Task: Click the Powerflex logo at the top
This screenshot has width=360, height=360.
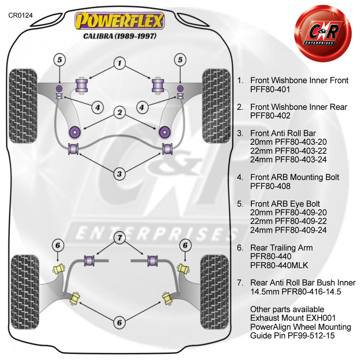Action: [120, 21]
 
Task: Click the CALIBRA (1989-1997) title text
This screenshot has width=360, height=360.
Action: [120, 36]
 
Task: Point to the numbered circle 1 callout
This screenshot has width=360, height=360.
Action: [120, 64]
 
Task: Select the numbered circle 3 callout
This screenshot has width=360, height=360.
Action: [120, 174]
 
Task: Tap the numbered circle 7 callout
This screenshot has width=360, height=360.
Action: [120, 237]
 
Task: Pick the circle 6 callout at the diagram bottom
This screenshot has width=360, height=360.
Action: [120, 322]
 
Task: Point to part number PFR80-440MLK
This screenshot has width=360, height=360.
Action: [279, 265]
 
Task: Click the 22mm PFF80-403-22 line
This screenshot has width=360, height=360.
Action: [288, 151]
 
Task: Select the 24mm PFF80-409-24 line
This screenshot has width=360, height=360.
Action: [288, 230]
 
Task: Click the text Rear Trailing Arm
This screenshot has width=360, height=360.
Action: [281, 248]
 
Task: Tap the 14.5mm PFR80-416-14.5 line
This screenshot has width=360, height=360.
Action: [295, 291]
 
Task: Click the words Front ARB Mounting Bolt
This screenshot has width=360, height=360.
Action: [295, 177]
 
